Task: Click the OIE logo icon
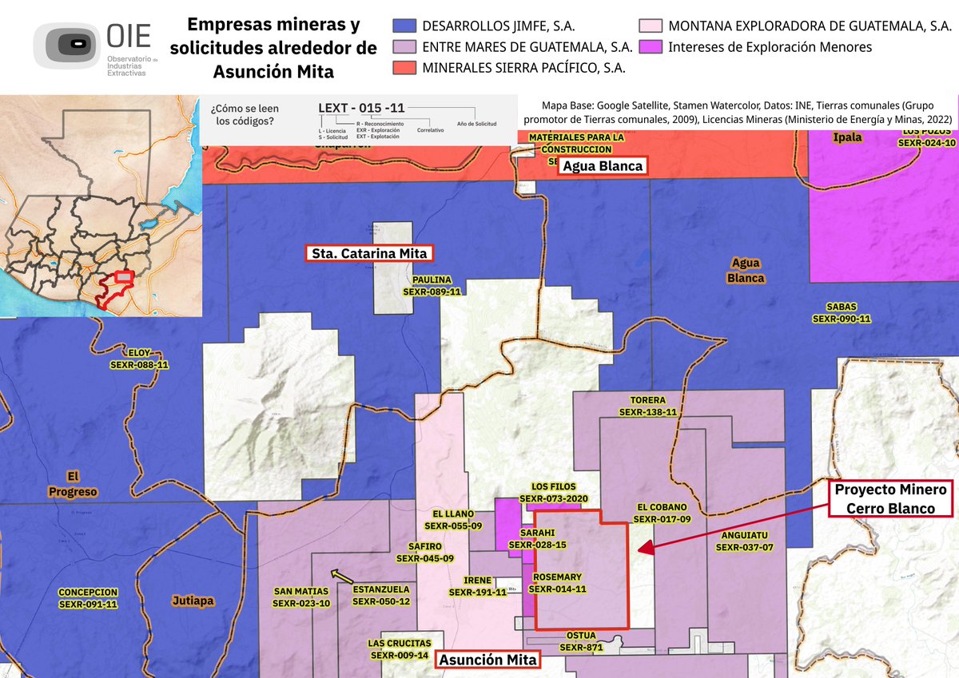coord(69,45)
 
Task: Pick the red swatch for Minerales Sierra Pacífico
coord(404,67)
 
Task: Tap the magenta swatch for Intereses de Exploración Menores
coord(651,47)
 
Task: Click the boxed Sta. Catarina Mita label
coord(369,254)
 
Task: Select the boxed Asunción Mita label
coord(486,660)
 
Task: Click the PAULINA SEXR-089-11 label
coord(432,286)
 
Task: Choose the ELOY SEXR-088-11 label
coord(139,359)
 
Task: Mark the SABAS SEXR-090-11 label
coord(841,312)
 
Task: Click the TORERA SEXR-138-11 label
coord(647,406)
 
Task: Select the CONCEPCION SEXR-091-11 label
coord(88,598)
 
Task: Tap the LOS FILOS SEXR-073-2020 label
coord(553,492)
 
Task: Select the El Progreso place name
coord(72,484)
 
